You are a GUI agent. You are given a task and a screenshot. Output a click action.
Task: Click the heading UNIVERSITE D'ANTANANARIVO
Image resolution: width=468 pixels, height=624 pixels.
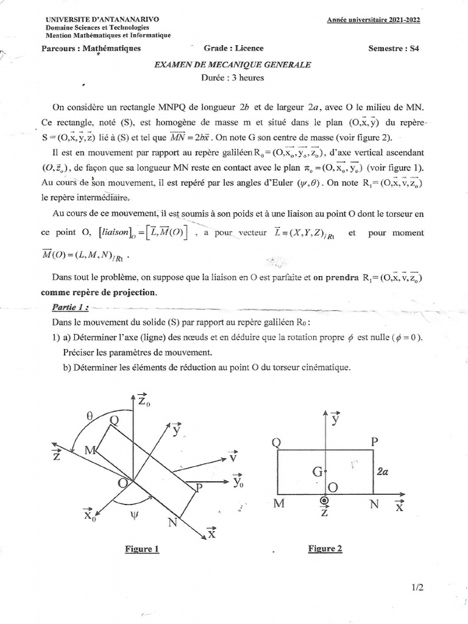coord(102,19)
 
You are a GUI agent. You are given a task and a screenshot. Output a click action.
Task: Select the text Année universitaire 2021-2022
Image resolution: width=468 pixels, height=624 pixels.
coord(374,19)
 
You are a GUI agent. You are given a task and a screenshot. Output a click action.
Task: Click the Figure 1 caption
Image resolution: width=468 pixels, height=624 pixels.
coord(142,549)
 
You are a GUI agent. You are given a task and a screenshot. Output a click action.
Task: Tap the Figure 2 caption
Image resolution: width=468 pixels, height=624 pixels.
coord(325,548)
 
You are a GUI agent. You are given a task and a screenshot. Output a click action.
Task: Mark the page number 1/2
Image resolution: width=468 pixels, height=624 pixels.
coord(417,587)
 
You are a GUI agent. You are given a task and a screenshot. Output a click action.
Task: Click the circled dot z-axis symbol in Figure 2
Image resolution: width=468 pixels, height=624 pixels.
coord(324,500)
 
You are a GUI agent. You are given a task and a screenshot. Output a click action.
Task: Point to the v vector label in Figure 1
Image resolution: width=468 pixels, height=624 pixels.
coord(233,457)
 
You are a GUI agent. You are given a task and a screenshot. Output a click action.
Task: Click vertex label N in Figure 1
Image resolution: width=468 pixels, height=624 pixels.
coord(172,522)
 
